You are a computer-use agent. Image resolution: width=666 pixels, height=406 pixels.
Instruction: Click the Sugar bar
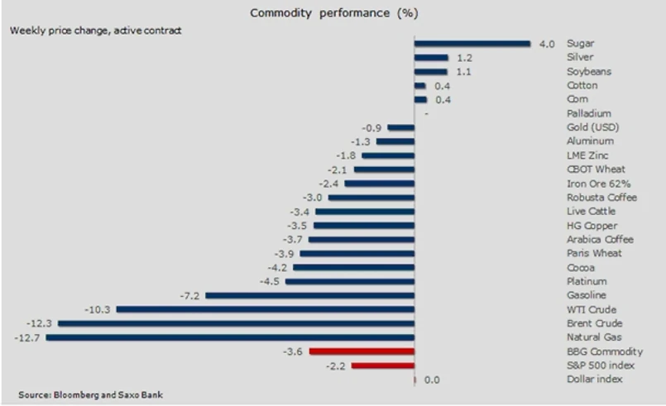472,44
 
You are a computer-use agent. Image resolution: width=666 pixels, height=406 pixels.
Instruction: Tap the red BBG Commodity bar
362,351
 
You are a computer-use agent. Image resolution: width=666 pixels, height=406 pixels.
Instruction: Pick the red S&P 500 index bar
383,365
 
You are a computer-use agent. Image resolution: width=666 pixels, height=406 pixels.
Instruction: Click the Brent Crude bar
236,323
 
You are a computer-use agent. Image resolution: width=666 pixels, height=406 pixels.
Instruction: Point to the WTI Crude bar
265,309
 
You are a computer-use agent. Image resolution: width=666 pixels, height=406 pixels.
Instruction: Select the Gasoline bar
309,295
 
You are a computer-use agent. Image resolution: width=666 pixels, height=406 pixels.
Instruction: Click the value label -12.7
27,337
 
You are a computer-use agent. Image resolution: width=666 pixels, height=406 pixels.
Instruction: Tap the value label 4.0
546,44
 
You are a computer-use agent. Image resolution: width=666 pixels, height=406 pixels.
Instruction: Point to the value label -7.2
190,295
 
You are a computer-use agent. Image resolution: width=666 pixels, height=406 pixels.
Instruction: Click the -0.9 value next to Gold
372,127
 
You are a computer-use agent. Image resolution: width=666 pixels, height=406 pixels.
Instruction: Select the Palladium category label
588,113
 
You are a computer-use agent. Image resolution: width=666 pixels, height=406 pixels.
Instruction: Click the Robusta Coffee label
601,198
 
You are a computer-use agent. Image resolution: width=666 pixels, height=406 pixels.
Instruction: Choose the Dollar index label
595,380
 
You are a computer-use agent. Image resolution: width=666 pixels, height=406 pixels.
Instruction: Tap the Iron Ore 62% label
598,184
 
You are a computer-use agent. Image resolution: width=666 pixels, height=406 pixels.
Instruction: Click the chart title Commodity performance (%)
334,14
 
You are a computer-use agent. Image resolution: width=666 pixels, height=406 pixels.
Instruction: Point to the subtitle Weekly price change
96,31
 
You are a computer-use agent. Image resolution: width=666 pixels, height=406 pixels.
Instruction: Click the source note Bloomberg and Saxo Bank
91,394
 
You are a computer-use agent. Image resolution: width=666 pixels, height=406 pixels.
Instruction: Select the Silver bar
431,58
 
